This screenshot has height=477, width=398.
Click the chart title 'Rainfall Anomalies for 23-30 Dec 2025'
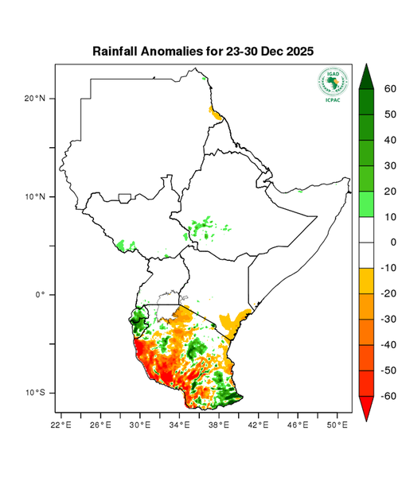[x=203, y=51]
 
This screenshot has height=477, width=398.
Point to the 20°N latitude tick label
[x=36, y=99]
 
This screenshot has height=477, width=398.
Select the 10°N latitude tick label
[x=36, y=196]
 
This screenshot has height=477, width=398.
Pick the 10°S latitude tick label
[x=36, y=393]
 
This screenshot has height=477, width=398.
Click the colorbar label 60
[x=390, y=89]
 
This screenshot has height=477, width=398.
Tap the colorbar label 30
[x=390, y=166]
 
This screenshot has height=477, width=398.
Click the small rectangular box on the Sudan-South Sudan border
[x=125, y=197]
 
